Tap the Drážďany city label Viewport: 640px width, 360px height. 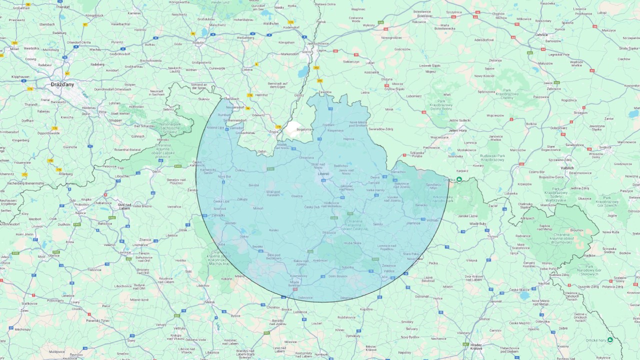62,84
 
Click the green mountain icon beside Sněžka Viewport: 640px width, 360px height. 459,179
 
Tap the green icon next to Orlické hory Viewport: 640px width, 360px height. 610,340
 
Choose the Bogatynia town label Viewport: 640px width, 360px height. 303,129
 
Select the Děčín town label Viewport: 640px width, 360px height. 156,171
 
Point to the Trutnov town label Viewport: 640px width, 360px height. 493,236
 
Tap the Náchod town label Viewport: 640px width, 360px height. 543,283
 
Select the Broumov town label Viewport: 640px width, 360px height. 576,230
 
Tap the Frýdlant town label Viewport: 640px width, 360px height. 328,125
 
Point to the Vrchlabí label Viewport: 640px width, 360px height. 433,220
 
